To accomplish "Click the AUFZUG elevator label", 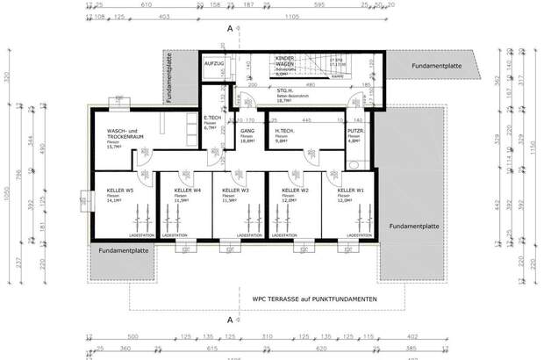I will point(215,64).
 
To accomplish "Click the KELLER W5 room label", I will point(120,190).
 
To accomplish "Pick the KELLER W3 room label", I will point(237,190).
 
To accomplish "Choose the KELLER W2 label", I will point(293,190).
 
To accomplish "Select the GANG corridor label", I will point(247,132).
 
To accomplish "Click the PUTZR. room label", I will point(355,132).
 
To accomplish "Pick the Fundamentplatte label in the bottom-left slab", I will point(123,251).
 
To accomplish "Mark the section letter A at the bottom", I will point(230,320).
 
